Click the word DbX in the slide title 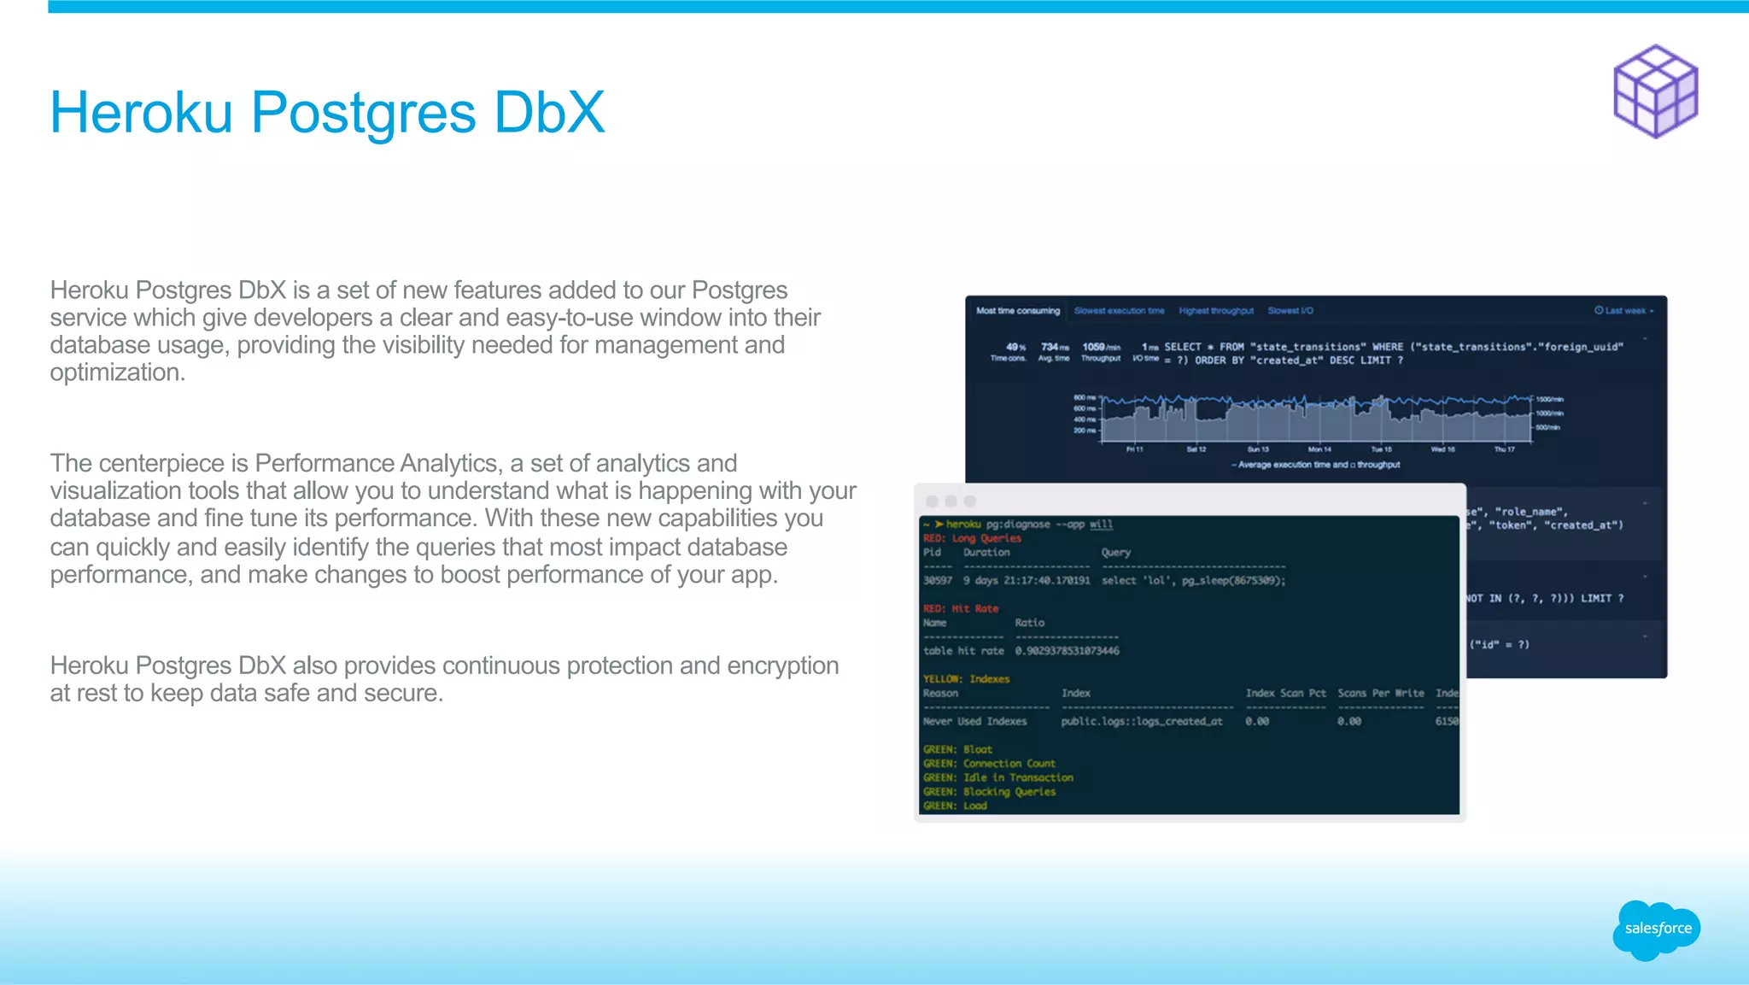(549, 113)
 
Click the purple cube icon (1655, 91)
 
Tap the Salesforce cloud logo (1657, 929)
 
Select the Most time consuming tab (1017, 311)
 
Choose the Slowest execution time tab (1119, 311)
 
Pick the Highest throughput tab (1216, 311)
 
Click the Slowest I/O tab (1290, 311)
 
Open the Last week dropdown (1623, 311)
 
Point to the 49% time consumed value (1015, 347)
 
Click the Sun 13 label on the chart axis (1258, 449)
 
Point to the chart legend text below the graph (1316, 465)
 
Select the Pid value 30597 (937, 581)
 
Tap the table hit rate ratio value (1067, 651)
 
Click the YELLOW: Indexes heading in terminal (966, 679)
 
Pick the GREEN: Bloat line (957, 749)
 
